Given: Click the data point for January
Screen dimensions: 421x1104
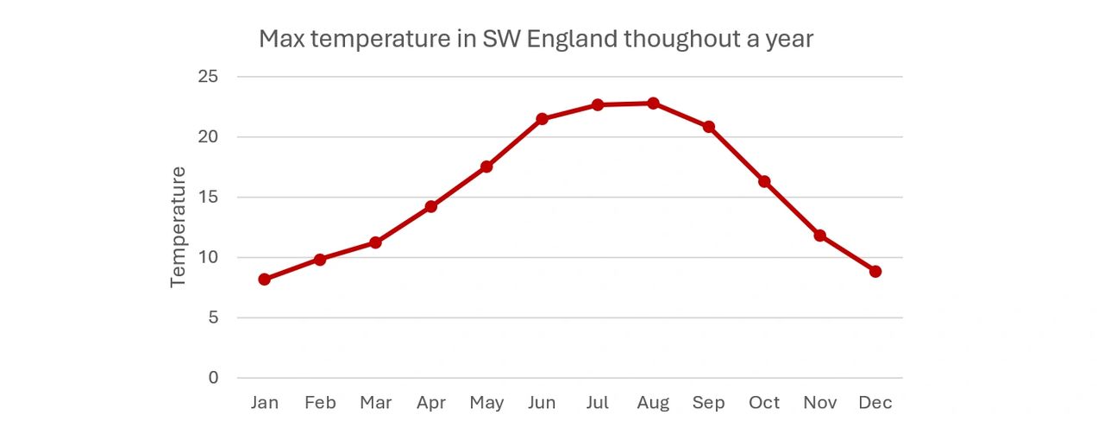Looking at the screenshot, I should (264, 280).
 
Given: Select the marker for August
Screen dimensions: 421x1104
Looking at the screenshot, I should (653, 104).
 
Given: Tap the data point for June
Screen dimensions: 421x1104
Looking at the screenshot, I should (542, 119).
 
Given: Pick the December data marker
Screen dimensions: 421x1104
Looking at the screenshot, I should (875, 271).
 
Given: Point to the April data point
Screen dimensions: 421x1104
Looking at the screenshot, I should (431, 207).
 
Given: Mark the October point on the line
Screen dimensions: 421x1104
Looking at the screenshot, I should (764, 181).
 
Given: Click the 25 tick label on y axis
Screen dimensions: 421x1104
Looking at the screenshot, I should (208, 77).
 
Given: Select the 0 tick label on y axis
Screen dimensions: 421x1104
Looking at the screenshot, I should (213, 378).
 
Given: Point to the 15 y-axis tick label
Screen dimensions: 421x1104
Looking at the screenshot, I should (208, 197).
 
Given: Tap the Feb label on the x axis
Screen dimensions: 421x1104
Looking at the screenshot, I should (320, 403).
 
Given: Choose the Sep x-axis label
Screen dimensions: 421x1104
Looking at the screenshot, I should (708, 403).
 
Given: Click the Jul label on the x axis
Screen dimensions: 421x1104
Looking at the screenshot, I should (598, 403).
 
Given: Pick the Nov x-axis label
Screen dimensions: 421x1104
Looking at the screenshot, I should (819, 403).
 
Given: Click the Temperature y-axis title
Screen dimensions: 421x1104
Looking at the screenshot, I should (179, 227).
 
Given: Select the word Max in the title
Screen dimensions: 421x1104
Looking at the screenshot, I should (280, 40).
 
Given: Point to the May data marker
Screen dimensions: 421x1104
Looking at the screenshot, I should (486, 167).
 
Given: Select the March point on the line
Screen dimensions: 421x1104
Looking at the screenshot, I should (375, 242).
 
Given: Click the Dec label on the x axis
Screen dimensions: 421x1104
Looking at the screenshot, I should (875, 403).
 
